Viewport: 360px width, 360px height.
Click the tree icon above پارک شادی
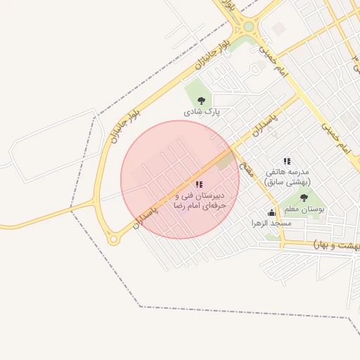[x=202, y=101]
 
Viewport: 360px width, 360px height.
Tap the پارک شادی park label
[x=202, y=111]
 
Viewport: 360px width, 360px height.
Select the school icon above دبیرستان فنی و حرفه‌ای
[x=199, y=184]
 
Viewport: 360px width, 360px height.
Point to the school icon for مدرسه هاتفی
[x=286, y=161]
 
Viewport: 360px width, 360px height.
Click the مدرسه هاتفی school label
[x=288, y=172]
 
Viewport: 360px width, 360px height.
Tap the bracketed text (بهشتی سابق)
[x=287, y=181]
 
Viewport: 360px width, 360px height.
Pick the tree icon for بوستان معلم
[x=304, y=198]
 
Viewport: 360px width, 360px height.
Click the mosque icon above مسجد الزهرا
[x=271, y=212]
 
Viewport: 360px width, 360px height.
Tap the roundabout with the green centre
[x=248, y=27]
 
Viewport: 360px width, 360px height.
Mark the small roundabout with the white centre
[x=112, y=240]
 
